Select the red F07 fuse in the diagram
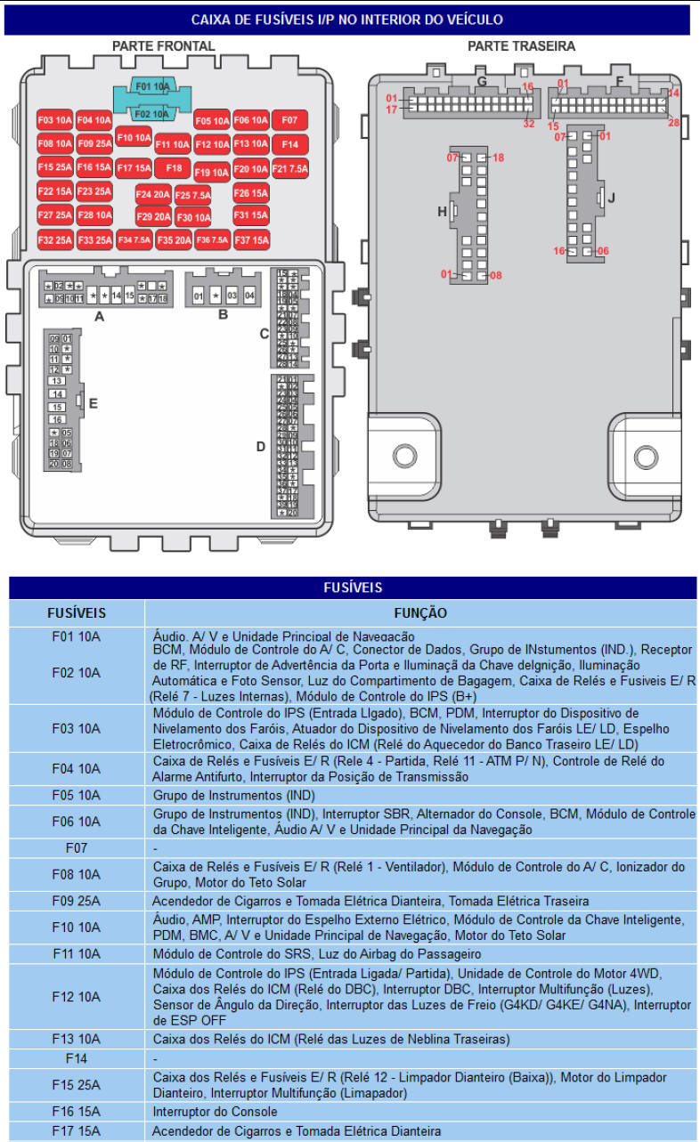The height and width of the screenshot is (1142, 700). click(x=289, y=120)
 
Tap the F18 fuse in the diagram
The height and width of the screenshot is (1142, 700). click(x=173, y=167)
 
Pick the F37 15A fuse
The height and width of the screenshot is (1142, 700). click(x=251, y=239)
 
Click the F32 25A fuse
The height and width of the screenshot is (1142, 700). click(x=55, y=240)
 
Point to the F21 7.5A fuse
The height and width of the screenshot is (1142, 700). click(x=289, y=167)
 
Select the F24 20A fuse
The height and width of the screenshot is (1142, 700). click(x=153, y=194)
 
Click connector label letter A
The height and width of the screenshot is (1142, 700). click(x=99, y=316)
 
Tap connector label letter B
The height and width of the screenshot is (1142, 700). click(x=223, y=314)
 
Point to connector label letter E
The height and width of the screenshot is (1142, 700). click(x=93, y=403)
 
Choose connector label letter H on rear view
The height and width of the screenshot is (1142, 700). click(x=442, y=212)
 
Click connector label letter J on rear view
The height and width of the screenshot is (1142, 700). click(x=611, y=198)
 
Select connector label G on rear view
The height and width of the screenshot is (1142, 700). click(x=482, y=82)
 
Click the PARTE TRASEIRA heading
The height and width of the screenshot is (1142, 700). click(x=521, y=45)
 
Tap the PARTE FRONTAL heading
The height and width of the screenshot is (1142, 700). click(x=163, y=45)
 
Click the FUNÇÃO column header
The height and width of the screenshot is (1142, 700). click(x=420, y=613)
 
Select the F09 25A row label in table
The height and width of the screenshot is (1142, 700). click(x=76, y=901)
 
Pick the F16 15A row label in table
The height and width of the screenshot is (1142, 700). click(x=76, y=1112)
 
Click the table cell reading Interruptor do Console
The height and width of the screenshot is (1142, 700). click(x=215, y=1112)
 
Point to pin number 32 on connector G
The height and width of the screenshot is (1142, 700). click(x=529, y=124)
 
